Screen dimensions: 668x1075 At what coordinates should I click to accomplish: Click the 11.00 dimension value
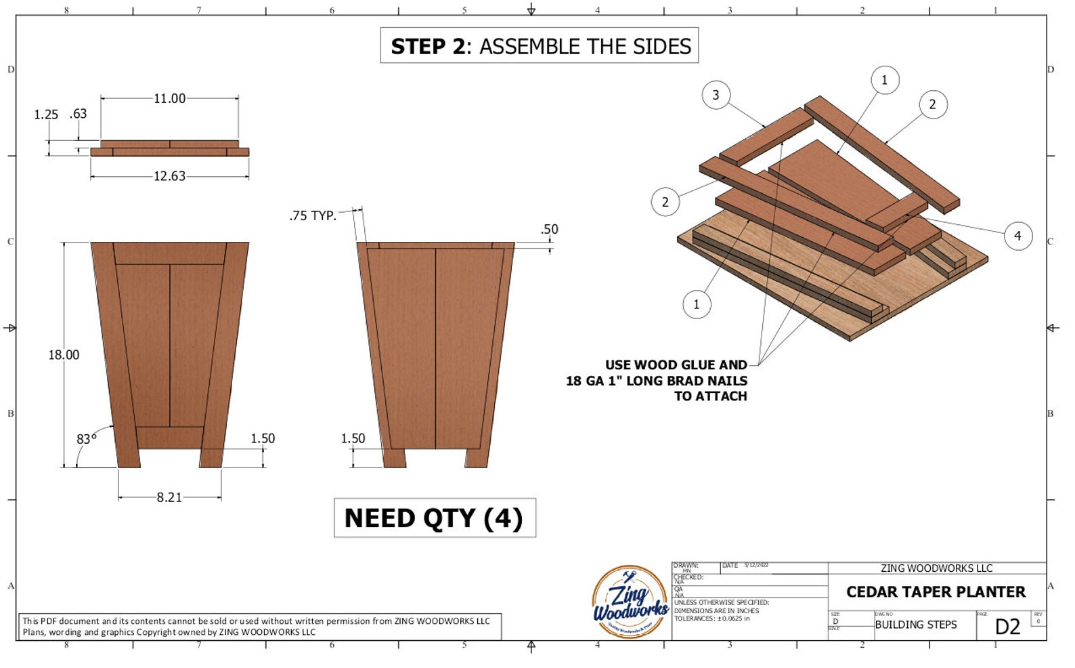click(169, 99)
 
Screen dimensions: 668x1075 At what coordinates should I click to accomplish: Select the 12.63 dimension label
click(169, 176)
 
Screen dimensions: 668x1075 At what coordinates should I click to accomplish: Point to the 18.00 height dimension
click(64, 355)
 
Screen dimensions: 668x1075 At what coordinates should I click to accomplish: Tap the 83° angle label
click(86, 439)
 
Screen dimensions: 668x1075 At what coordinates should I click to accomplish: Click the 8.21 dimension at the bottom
click(169, 497)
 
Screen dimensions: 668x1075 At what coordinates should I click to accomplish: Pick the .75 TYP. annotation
click(313, 216)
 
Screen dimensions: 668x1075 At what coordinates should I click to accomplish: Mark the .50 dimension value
click(549, 230)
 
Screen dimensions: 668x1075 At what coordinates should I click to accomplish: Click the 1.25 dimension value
click(46, 114)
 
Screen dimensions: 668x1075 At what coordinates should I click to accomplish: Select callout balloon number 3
click(716, 95)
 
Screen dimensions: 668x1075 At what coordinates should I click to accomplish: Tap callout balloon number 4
click(1017, 236)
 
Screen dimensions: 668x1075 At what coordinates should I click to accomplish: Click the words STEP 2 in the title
click(428, 47)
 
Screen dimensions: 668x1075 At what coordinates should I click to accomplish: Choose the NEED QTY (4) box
click(435, 518)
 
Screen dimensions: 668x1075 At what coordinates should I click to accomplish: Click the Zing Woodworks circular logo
click(630, 602)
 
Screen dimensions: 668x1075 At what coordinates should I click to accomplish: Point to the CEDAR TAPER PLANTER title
click(936, 592)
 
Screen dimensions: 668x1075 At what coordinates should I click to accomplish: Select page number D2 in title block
click(1007, 627)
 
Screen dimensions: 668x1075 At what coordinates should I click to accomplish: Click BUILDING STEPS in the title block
click(915, 625)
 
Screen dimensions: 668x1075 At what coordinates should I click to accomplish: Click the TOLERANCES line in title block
click(711, 619)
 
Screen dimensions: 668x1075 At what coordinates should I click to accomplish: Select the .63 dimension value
click(79, 114)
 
